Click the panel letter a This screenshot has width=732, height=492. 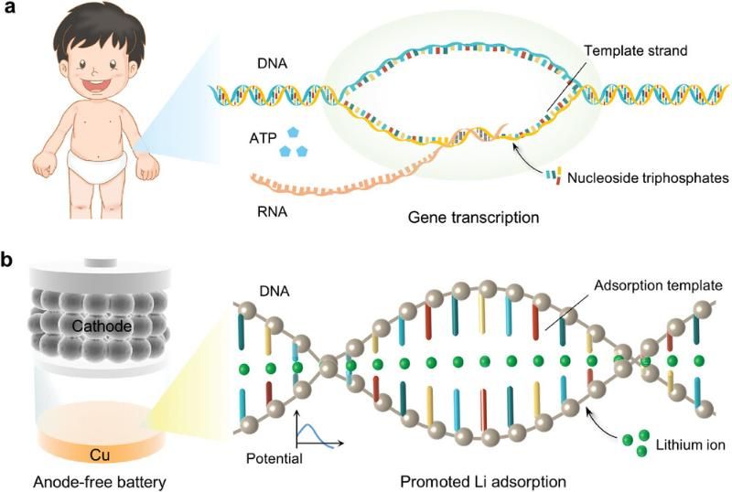[8, 7]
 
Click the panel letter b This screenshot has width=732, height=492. [7, 259]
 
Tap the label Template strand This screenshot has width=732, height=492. [636, 50]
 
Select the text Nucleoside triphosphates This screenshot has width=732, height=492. [648, 177]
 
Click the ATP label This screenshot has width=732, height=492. [263, 138]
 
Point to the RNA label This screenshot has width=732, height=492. [272, 212]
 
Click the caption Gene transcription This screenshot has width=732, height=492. [473, 218]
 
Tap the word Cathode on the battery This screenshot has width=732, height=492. [102, 326]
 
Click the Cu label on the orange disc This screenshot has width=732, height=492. [100, 455]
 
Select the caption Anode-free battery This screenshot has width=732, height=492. [100, 482]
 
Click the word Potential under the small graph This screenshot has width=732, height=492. [274, 458]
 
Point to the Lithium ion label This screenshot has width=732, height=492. [691, 444]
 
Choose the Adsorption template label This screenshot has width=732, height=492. [658, 285]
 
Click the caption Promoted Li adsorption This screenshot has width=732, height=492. [483, 482]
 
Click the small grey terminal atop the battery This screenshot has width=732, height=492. [101, 262]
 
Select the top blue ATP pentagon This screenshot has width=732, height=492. [293, 132]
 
